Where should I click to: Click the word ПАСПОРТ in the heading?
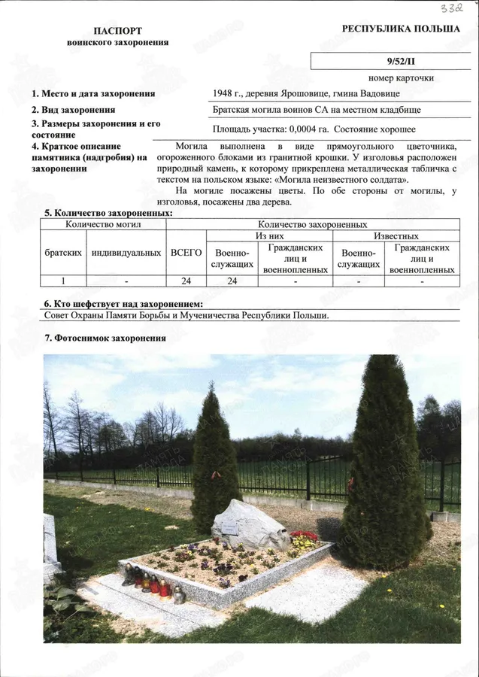pos(117,31)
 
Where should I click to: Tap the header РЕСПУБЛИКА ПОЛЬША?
pos(401,29)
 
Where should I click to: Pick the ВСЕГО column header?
pos(186,253)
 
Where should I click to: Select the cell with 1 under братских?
pos(63,281)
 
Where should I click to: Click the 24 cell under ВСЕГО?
pos(186,281)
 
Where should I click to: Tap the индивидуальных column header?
pos(126,253)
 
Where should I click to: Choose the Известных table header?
pos(396,236)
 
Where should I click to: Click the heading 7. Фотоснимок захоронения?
pos(105,338)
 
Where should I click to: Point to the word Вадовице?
pos(379,94)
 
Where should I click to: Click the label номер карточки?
pos(401,78)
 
